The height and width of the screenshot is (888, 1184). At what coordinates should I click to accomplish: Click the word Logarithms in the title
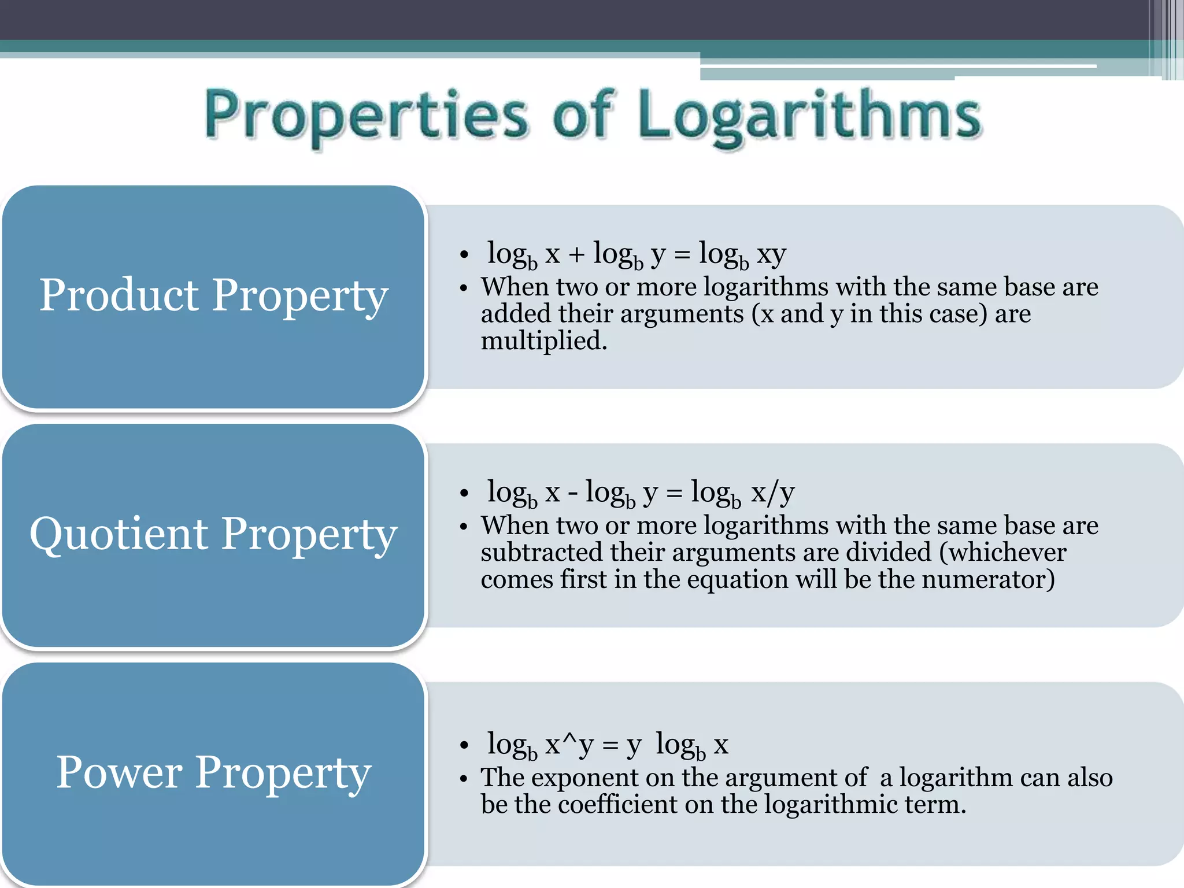(809, 116)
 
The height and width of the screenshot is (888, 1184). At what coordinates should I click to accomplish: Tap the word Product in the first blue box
(119, 295)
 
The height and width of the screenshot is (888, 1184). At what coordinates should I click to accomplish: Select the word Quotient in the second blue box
(119, 533)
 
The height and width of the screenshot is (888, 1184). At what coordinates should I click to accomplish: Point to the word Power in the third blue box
(119, 772)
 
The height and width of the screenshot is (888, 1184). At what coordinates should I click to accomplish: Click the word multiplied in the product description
(543, 341)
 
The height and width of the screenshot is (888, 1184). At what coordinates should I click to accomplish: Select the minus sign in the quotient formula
(572, 493)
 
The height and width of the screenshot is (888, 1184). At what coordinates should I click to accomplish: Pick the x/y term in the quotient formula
(773, 493)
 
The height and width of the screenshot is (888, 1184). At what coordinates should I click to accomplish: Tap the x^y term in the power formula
(569, 745)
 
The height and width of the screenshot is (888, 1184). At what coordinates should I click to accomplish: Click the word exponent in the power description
(584, 778)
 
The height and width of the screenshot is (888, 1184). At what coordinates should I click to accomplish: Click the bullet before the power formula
(464, 746)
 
